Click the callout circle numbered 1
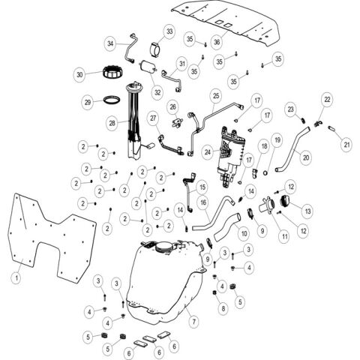coord(15,276)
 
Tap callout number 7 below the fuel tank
coord(193,320)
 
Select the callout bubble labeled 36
coord(216,43)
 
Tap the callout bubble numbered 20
coord(306,157)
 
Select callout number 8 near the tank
coord(223,307)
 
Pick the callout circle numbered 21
coord(346,143)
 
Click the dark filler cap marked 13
coord(288,201)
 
